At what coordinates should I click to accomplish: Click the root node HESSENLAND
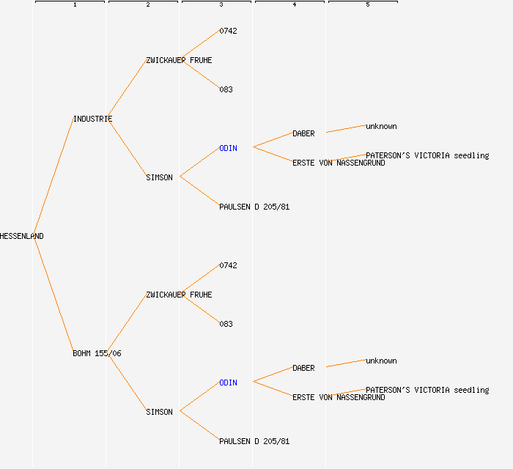pyautogui.click(x=21, y=236)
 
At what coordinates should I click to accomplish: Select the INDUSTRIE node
pyautogui.click(x=92, y=119)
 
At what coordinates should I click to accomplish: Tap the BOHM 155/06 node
pyautogui.click(x=97, y=353)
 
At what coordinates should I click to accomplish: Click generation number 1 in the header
pyautogui.click(x=75, y=4)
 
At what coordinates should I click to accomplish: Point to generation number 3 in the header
pyautogui.click(x=221, y=4)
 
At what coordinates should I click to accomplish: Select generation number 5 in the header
pyautogui.click(x=368, y=4)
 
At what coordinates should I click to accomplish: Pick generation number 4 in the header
pyautogui.click(x=295, y=4)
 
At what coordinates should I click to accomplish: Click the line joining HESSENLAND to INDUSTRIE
pyautogui.click(x=53, y=177)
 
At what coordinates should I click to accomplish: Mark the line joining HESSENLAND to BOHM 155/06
pyautogui.click(x=53, y=295)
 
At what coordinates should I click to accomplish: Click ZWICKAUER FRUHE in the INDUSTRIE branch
pyautogui.click(x=179, y=61)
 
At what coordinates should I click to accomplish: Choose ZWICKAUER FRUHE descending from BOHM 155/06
pyautogui.click(x=179, y=295)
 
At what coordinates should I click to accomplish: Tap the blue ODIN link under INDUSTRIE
pyautogui.click(x=228, y=149)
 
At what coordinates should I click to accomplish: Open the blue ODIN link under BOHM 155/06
pyautogui.click(x=228, y=383)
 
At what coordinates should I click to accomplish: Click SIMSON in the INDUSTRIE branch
pyautogui.click(x=159, y=177)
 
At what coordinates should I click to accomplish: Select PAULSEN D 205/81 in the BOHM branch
pyautogui.click(x=254, y=442)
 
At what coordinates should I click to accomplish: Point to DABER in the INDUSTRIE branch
pyautogui.click(x=303, y=134)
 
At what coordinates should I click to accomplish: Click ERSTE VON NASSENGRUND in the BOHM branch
pyautogui.click(x=339, y=398)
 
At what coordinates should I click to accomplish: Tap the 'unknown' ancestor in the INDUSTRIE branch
pyautogui.click(x=381, y=127)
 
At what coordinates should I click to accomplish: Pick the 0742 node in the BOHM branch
pyautogui.click(x=228, y=265)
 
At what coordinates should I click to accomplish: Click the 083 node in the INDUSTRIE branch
pyautogui.click(x=226, y=90)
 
